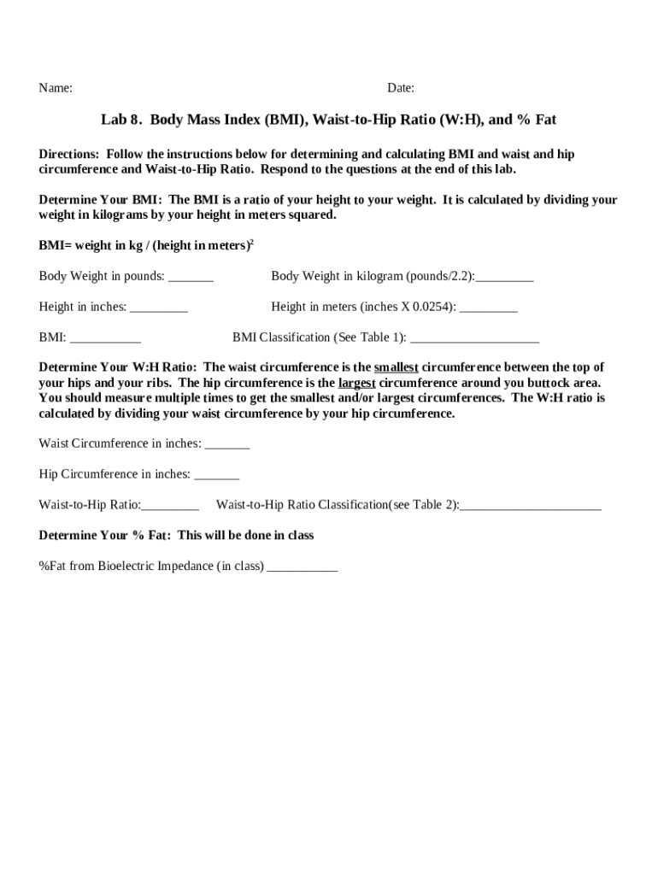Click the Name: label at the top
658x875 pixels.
click(56, 88)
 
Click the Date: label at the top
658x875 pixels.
click(401, 88)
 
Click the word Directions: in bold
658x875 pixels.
click(69, 154)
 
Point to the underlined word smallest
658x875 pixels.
click(396, 367)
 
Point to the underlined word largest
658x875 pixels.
click(357, 383)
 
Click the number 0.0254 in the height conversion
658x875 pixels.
click(432, 307)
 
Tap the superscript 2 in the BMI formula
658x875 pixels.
click(251, 243)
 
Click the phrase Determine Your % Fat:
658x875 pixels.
click(105, 536)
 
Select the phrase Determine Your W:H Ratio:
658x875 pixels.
click(118, 367)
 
